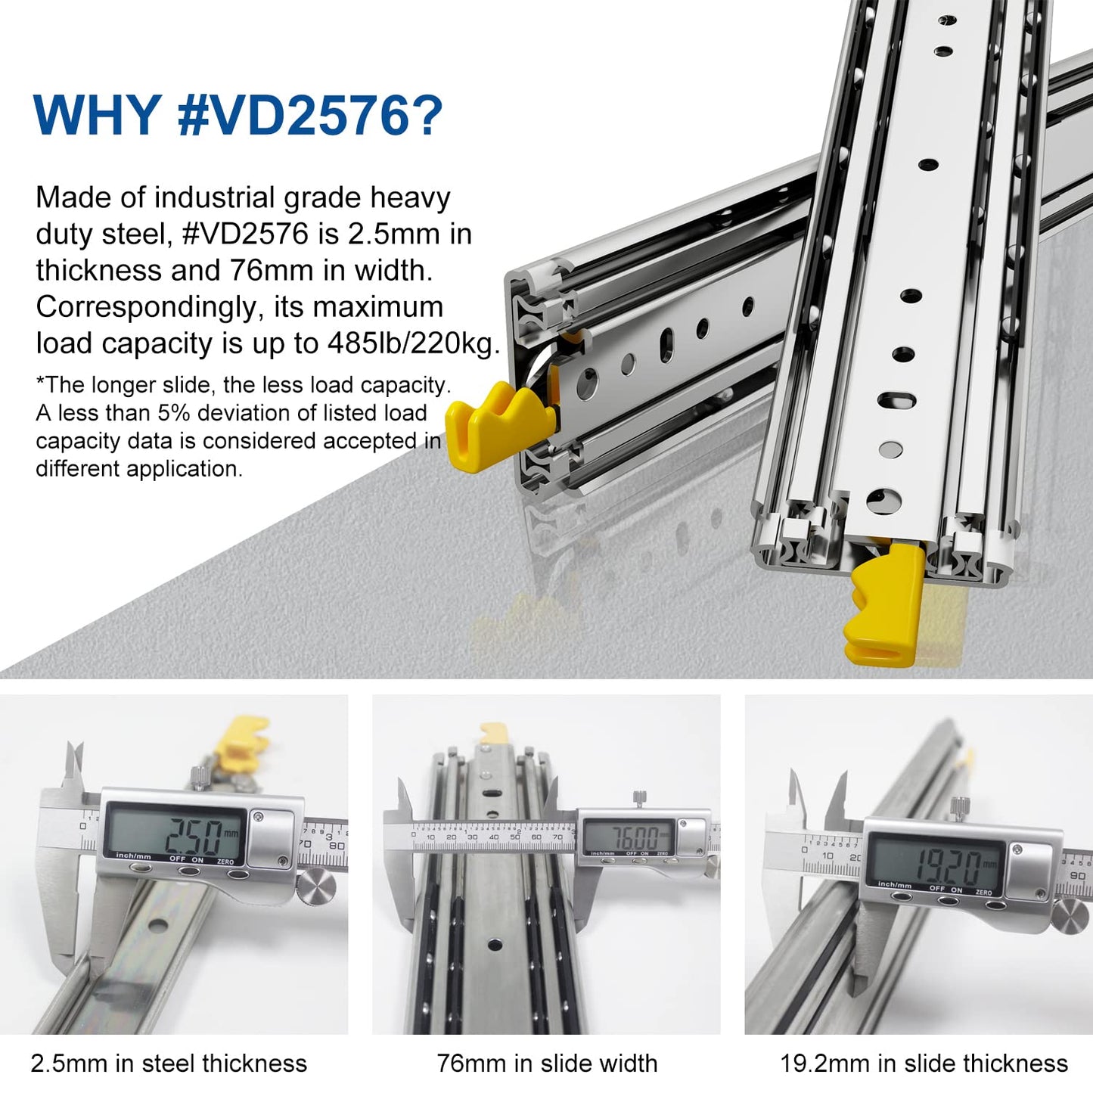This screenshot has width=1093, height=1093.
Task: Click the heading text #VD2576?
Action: click(x=310, y=115)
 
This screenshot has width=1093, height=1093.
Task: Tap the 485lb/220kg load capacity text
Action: click(x=413, y=343)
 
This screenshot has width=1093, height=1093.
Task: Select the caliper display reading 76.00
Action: click(x=628, y=837)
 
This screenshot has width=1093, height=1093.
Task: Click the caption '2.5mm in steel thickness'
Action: click(x=169, y=1064)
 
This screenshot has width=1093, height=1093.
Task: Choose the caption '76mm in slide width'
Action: click(x=547, y=1064)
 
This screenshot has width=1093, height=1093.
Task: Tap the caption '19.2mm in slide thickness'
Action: click(x=924, y=1064)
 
